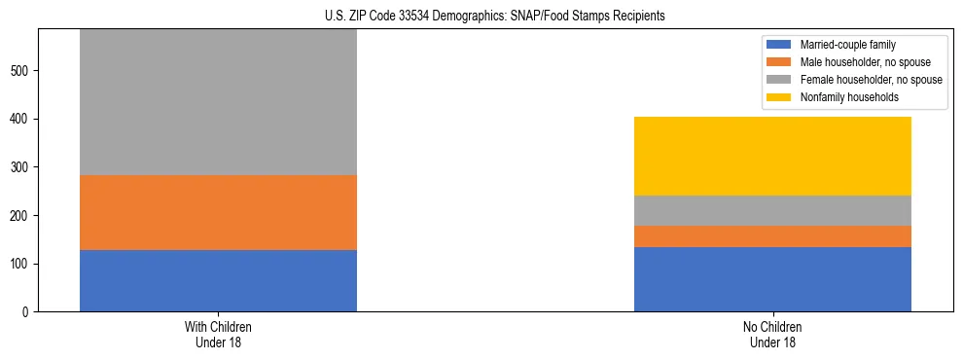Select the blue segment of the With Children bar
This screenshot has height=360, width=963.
point(218,280)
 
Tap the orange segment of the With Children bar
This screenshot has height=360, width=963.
point(218,212)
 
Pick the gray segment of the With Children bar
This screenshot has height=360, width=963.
point(218,102)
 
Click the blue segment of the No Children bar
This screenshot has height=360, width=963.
point(772,279)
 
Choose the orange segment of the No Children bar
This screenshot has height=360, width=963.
point(772,236)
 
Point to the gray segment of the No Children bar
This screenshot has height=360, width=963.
point(772,210)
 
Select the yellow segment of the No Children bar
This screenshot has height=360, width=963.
point(772,156)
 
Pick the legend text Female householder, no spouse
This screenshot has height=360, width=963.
point(871,80)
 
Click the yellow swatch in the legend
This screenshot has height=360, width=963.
point(780,97)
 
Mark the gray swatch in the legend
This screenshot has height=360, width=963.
point(780,80)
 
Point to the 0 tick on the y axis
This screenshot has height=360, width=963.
point(28,312)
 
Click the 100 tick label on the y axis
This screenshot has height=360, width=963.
point(22,264)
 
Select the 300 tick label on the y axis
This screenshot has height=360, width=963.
point(22,167)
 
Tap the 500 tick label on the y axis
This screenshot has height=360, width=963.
point(22,71)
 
